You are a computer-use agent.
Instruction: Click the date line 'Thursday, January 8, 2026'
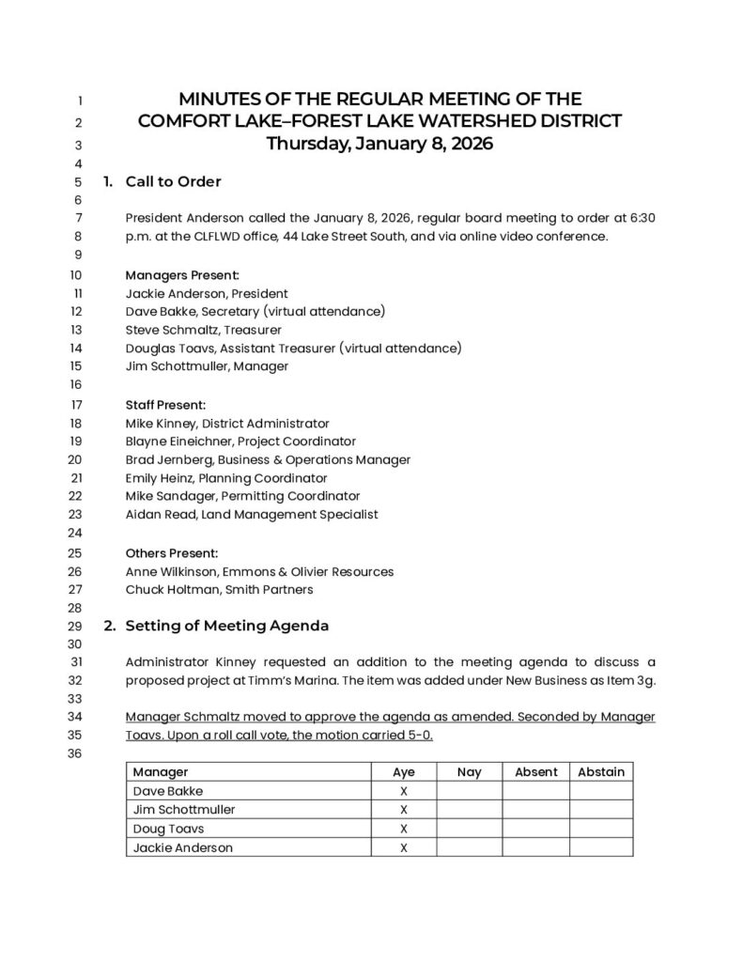point(379,145)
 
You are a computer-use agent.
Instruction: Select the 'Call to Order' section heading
point(173,181)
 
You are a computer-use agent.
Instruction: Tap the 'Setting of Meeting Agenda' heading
point(226,625)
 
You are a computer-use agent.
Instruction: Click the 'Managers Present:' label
point(182,275)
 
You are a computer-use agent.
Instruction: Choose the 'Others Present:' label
point(172,552)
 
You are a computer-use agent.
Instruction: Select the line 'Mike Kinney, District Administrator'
point(227,424)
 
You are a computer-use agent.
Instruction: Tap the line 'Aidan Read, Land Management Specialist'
point(251,515)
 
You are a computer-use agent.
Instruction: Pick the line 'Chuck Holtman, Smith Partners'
point(219,590)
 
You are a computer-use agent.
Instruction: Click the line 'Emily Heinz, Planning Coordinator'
point(226,478)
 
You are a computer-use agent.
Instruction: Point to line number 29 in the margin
point(77,626)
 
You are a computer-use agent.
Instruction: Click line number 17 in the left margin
point(77,406)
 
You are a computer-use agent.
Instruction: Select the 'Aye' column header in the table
point(404,772)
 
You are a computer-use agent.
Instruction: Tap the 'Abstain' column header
point(600,772)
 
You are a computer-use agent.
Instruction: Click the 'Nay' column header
point(469,772)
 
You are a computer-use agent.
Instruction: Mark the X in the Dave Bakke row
point(404,791)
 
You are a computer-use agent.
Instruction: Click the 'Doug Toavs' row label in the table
point(168,829)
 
